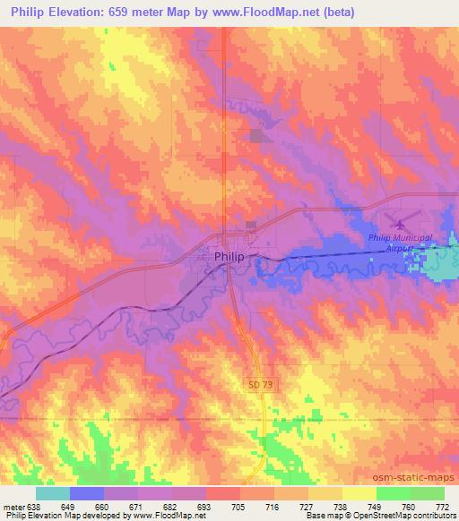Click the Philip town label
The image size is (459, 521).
(229, 257)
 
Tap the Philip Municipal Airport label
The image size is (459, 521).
(400, 243)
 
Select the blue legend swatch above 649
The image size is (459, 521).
(87, 493)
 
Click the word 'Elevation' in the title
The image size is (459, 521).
(78, 13)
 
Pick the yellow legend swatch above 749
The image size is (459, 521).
(359, 493)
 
